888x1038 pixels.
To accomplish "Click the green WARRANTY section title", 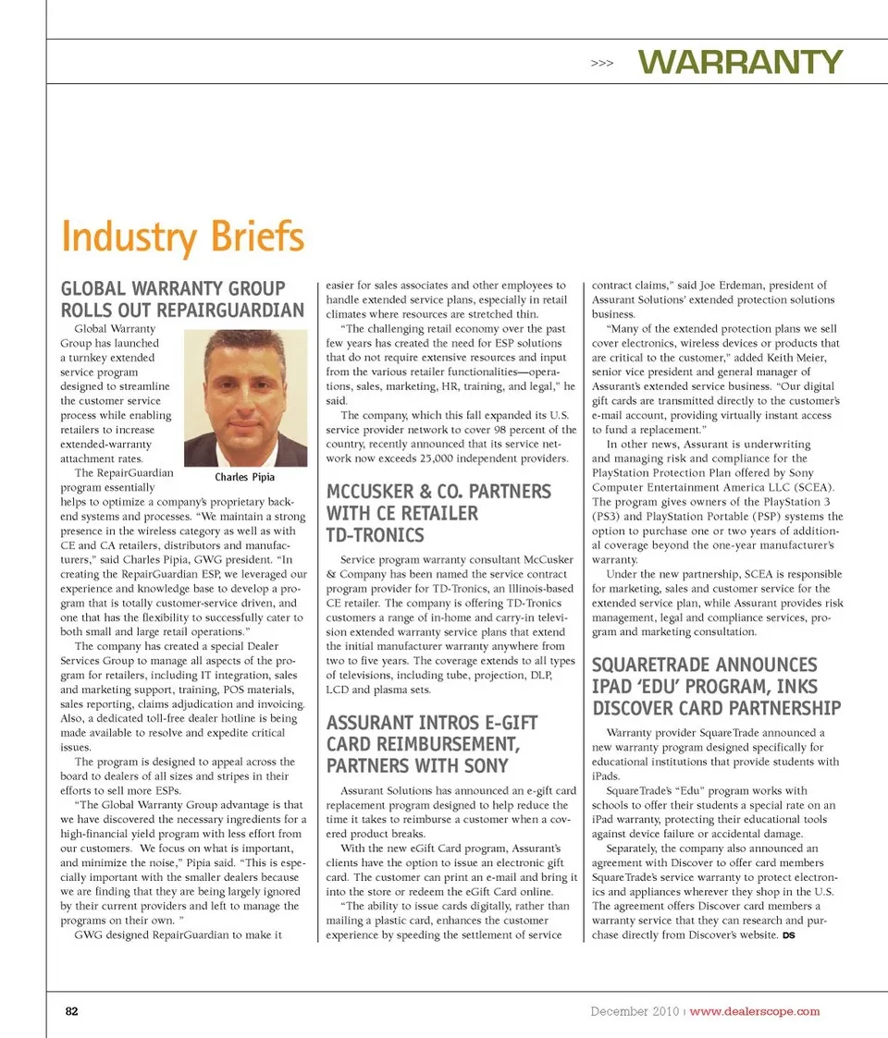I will (740, 62).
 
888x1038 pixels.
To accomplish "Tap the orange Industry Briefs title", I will (182, 237).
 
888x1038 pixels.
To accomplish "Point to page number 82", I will (71, 1011).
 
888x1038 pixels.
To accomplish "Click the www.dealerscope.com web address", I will (755, 1011).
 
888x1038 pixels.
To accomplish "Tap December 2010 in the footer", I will (635, 1011).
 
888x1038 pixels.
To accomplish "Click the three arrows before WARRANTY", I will (601, 64).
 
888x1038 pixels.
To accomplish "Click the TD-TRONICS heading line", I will (375, 535).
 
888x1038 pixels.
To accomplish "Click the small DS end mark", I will (788, 936).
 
